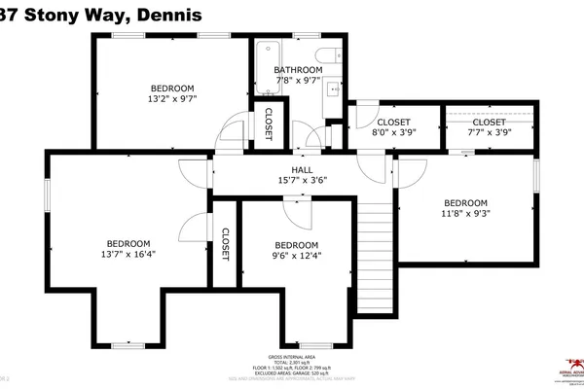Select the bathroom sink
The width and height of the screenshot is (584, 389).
point(333,89)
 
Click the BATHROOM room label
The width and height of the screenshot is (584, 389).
point(297,70)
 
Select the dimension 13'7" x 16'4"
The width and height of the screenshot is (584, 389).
point(128,255)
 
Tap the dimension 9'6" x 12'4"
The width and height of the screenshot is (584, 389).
point(296,257)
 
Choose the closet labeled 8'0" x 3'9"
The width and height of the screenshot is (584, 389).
point(393,135)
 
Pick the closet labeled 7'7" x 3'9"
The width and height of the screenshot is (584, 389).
point(490,135)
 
